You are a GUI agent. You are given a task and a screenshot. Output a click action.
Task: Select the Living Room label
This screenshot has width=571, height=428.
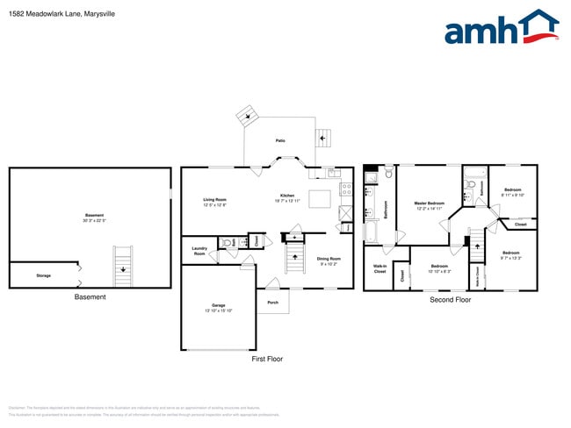[x=215, y=202]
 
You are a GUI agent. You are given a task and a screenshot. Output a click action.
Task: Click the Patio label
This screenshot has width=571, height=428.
[x=280, y=140]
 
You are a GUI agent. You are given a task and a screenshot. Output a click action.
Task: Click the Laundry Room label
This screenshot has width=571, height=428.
[x=199, y=251]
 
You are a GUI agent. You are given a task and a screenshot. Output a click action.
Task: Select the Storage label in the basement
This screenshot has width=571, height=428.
[x=43, y=275]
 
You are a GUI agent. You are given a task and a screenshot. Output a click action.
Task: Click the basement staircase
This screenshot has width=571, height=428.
[x=124, y=267]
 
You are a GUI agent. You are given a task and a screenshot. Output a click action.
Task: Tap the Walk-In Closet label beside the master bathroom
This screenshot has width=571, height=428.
[x=379, y=268]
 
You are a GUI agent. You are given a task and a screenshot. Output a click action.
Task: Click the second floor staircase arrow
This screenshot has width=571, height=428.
[x=478, y=245]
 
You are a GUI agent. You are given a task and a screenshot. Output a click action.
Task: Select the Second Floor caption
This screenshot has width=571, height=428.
[x=450, y=300]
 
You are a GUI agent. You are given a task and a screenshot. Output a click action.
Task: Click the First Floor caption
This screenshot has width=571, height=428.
[x=267, y=359]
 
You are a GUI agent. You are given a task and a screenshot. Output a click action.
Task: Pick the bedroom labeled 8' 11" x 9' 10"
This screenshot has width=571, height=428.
[x=512, y=192]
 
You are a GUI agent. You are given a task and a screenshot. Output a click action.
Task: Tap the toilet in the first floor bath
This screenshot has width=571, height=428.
[x=227, y=243]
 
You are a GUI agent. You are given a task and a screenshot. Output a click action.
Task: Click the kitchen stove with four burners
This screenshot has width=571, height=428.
[x=346, y=188]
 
